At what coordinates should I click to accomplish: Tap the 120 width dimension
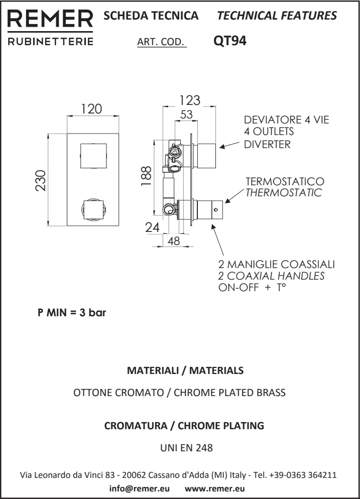[92, 109]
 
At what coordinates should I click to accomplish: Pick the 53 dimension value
[186, 114]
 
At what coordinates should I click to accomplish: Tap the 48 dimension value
[174, 241]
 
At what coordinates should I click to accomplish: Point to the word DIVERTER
[267, 145]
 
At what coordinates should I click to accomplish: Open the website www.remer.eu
[215, 488]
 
